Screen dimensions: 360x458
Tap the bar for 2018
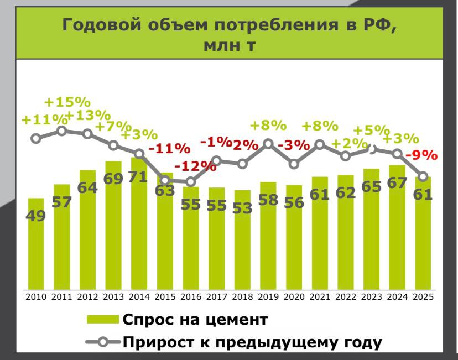[242, 243]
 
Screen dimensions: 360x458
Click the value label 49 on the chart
[36, 216]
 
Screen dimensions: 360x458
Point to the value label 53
[242, 208]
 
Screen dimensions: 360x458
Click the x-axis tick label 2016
[190, 296]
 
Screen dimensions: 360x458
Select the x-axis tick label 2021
[320, 296]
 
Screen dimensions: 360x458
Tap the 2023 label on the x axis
[371, 296]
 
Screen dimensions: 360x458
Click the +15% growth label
[67, 102]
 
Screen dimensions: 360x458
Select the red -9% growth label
[422, 155]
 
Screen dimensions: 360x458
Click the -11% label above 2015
[169, 148]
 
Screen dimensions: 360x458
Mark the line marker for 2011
[62, 131]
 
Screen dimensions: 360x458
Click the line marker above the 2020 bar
[294, 164]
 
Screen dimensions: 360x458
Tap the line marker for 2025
[423, 177]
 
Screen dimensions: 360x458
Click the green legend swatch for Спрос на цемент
[103, 320]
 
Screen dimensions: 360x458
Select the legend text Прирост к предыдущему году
[252, 342]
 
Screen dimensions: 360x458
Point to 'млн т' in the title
[229, 45]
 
